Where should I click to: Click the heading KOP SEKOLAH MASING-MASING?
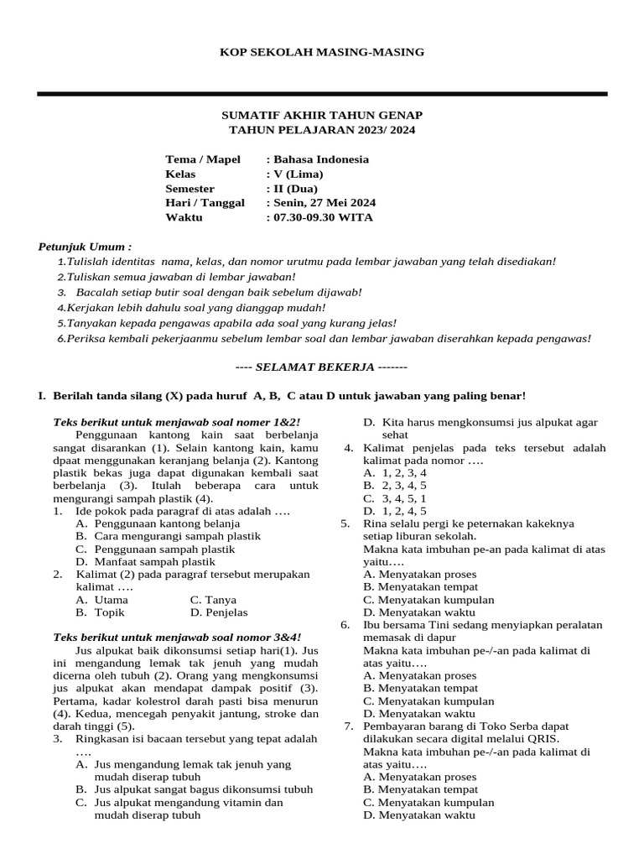point(322,52)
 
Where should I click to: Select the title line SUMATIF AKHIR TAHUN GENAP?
point(322,115)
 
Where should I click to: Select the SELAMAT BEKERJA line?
point(322,367)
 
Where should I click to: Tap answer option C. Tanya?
point(213,600)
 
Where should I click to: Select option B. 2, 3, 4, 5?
point(395,485)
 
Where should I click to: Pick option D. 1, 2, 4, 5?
point(395,510)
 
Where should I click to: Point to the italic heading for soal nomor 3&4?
point(177,638)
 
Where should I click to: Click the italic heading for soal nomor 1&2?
point(177,422)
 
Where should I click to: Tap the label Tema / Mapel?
point(203,159)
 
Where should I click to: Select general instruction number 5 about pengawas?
point(227,323)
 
